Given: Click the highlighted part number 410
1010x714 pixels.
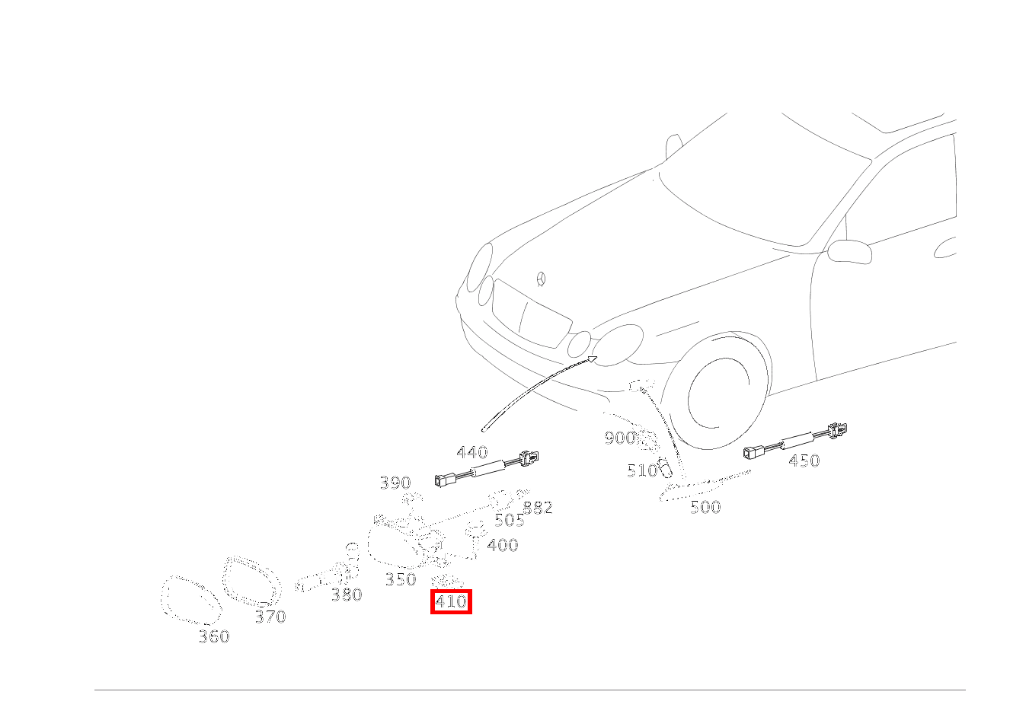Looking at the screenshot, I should pyautogui.click(x=450, y=602).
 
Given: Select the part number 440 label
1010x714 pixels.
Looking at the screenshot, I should pyautogui.click(x=471, y=454).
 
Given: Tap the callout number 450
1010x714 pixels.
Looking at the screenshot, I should pyautogui.click(x=804, y=461).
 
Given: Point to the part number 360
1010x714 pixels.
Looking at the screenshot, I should pyautogui.click(x=213, y=637).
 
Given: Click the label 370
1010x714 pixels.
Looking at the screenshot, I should pyautogui.click(x=270, y=617).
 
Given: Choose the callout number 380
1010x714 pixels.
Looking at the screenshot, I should pyautogui.click(x=346, y=595).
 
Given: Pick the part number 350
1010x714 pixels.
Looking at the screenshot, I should pyautogui.click(x=400, y=580).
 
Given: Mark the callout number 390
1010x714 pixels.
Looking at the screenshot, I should pyautogui.click(x=395, y=483).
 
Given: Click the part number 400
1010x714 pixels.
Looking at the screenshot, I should pyautogui.click(x=502, y=545).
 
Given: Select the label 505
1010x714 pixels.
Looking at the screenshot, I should pyautogui.click(x=509, y=521).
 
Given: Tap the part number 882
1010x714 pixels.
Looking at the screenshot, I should pyautogui.click(x=538, y=508).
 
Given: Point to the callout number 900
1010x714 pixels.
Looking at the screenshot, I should pyautogui.click(x=619, y=438).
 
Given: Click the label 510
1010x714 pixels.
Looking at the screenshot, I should pyautogui.click(x=641, y=471).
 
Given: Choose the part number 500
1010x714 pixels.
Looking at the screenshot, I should pyautogui.click(x=705, y=507).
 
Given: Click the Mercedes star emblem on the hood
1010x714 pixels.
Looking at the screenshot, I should pyautogui.click(x=542, y=279).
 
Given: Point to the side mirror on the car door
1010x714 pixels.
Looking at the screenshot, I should pyautogui.click(x=850, y=250).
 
